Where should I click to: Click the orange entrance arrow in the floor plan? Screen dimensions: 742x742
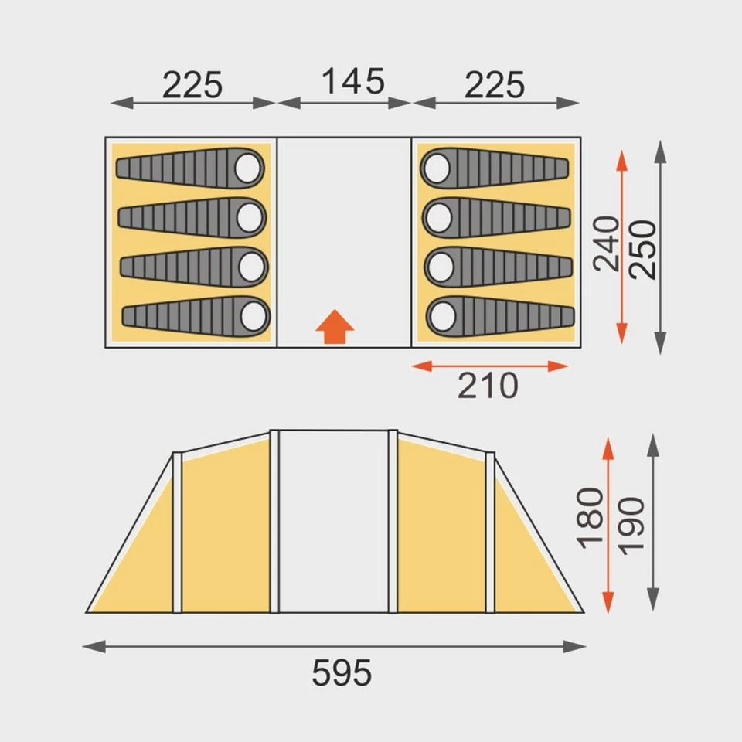pos(335,328)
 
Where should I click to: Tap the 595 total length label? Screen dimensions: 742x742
pos(342,674)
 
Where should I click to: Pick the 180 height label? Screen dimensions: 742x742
pos(591,517)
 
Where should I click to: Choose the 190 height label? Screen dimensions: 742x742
pos(631,524)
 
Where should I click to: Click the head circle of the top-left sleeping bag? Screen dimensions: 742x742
pos(249,167)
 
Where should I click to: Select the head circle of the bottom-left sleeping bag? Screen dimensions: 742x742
pos(253,315)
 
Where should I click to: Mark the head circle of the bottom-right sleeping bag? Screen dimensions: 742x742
pos(441,315)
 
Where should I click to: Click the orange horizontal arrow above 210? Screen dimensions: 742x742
pos(489,366)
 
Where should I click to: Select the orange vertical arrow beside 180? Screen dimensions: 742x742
pos(608,525)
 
